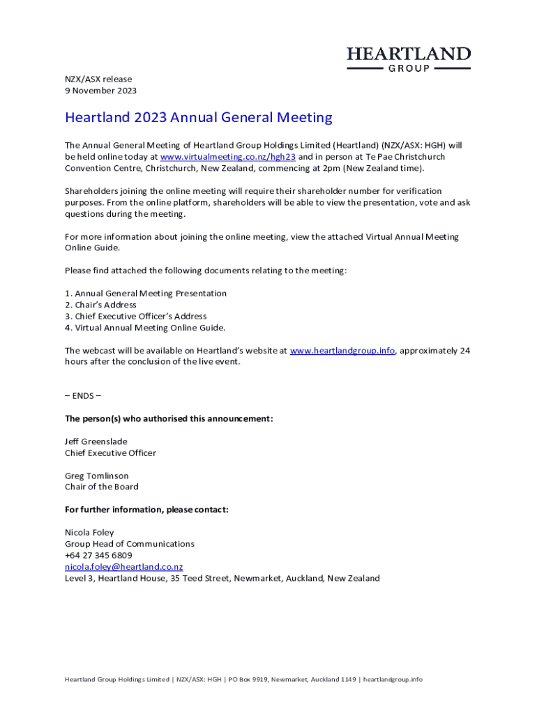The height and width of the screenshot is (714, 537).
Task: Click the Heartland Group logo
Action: point(409,59)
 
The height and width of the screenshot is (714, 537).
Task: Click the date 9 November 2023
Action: point(100,91)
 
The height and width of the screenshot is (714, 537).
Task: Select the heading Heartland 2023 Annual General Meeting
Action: point(199,118)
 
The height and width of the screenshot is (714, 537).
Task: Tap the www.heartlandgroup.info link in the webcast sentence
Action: point(342,351)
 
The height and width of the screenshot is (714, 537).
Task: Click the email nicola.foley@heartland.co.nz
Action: point(123,567)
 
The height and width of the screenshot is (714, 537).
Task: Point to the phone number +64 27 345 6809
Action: point(98,556)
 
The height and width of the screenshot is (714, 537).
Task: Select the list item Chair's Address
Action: point(100,305)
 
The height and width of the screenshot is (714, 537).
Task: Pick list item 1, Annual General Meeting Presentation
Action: point(146,294)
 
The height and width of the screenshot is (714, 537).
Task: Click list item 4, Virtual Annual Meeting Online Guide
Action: point(145,328)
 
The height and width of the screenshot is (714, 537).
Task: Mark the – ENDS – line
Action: point(83,396)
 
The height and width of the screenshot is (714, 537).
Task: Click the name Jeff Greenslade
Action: point(96,441)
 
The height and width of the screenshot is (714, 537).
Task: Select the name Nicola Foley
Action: point(89,533)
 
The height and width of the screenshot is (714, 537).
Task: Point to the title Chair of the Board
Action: point(102,487)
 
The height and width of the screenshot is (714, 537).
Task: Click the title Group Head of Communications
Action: point(130,544)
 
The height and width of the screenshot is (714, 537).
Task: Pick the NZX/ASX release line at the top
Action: point(98,79)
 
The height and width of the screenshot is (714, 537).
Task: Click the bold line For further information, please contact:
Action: point(146,510)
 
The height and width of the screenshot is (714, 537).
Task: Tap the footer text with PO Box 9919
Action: point(243,679)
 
